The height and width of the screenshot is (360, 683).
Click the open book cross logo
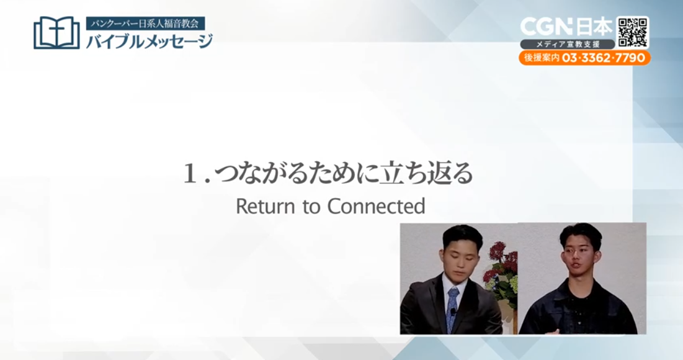(56, 33)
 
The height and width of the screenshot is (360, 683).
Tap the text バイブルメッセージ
(150, 41)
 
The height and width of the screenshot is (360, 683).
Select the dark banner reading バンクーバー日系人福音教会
(146, 23)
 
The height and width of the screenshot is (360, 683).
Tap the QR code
(633, 32)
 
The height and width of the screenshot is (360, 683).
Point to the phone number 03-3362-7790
(604, 58)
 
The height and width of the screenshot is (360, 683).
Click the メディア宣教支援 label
(568, 44)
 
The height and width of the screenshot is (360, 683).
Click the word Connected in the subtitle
(376, 206)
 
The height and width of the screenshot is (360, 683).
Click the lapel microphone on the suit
(453, 312)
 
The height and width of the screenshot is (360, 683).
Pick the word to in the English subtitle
(311, 207)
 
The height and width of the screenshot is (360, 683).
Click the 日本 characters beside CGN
(594, 27)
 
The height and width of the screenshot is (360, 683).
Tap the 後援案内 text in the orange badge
(542, 58)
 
